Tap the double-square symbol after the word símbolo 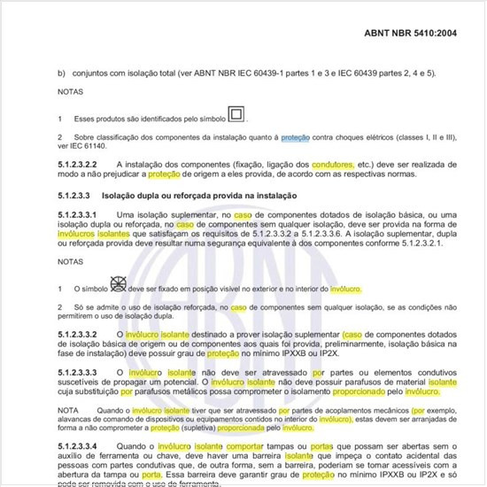coord(236,114)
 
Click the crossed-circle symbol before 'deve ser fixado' coord(117,285)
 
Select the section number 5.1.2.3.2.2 coord(86,165)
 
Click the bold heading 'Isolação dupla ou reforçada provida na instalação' coord(197,195)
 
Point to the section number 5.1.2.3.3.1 coord(86,215)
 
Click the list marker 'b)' coord(61,73)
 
